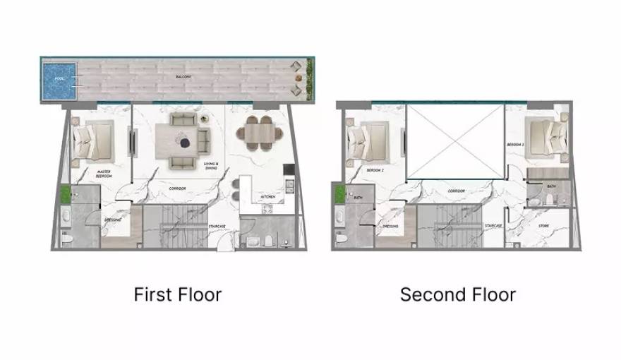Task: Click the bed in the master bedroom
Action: (95, 138)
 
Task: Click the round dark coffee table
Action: (186, 143)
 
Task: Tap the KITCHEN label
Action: (268, 196)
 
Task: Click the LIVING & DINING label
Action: (211, 167)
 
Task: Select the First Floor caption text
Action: (178, 294)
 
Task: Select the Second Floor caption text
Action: (458, 294)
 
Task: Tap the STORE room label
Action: (543, 227)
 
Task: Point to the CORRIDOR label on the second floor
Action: (456, 191)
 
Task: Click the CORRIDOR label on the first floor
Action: (176, 188)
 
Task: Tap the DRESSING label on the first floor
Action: (112, 220)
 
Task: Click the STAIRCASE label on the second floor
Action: (493, 226)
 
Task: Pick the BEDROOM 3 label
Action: (514, 145)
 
